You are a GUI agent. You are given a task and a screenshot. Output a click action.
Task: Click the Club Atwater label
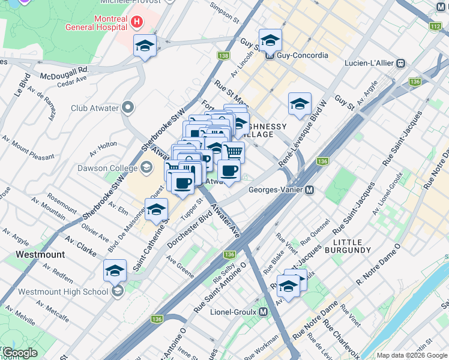[97, 108]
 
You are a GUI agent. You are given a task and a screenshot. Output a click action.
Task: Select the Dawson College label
[113, 169]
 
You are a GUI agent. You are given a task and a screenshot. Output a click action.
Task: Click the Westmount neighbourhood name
[40, 254]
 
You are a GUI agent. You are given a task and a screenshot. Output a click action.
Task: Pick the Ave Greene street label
[180, 266]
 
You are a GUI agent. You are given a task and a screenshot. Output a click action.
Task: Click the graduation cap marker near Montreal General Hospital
[145, 46]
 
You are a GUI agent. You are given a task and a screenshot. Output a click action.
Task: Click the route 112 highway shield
[436, 26]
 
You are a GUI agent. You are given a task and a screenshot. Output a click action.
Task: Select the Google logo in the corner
[20, 353]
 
